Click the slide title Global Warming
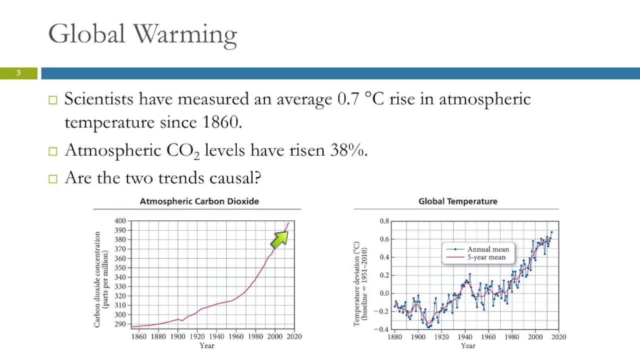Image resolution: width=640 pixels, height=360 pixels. coord(142,34)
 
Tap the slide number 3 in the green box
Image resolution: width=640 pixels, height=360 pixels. coord(18,73)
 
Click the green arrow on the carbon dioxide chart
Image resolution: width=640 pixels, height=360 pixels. coord(279,239)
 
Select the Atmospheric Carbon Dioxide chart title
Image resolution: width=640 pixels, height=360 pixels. coord(199,201)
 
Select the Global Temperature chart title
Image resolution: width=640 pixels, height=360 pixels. coord(457,201)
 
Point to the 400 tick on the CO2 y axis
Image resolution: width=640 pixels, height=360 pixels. coord(120,221)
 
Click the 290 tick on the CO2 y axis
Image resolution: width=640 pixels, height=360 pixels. coord(120,324)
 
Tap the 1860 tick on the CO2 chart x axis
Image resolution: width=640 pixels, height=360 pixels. coord(138,336)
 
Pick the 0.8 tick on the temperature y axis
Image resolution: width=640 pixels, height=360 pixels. coord(384,221)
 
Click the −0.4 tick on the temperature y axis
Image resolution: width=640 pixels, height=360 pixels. coord(382,329)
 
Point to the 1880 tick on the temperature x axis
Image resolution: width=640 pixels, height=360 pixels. coord(395,337)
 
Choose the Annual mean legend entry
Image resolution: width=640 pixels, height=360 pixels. coord(487,249)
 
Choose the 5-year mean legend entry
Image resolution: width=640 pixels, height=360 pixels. coord(486,257)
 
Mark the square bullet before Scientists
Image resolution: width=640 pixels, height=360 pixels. coord(53,99)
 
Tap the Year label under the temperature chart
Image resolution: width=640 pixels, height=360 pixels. coord(468,345)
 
